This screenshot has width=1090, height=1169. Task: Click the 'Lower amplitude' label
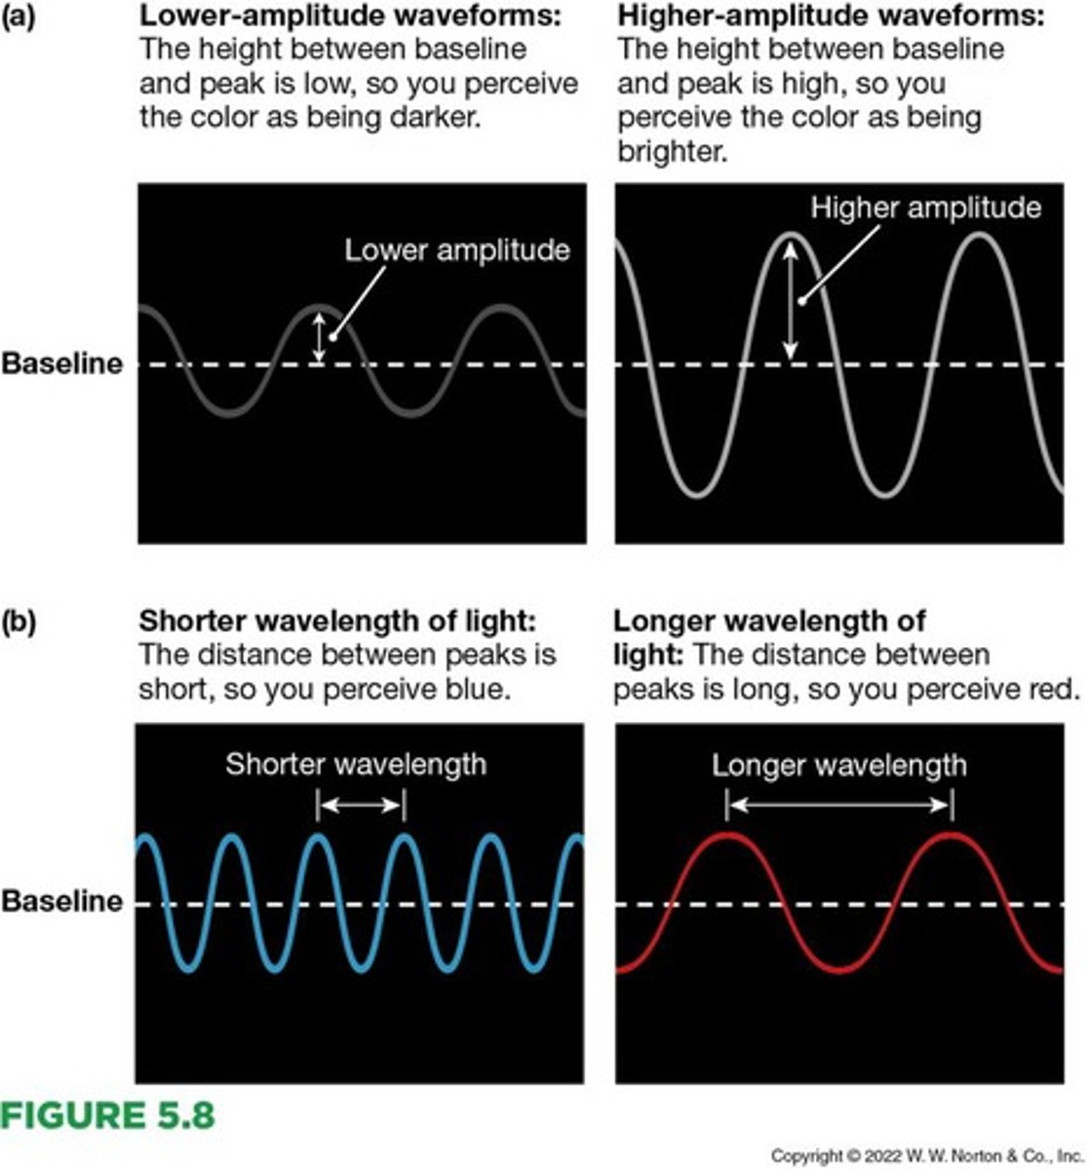(456, 250)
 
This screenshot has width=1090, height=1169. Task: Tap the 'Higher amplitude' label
(925, 207)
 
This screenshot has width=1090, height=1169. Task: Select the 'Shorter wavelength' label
(356, 764)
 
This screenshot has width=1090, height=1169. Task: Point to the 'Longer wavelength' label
(838, 765)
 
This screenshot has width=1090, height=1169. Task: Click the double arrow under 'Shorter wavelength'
(360, 805)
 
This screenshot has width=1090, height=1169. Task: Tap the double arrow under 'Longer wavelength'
(838, 805)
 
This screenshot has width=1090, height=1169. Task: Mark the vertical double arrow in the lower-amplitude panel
(319, 336)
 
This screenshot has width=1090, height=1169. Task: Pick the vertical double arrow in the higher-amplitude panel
(790, 300)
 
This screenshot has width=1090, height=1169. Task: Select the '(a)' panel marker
(19, 17)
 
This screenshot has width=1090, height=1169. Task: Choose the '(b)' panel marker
(19, 622)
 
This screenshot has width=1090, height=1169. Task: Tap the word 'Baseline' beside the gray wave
(61, 364)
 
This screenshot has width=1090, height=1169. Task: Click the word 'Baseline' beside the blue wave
(61, 901)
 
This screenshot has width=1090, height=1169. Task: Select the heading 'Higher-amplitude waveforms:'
(831, 17)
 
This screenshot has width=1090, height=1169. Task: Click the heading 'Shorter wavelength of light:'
(337, 622)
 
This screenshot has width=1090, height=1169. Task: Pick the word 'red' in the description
(1055, 690)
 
